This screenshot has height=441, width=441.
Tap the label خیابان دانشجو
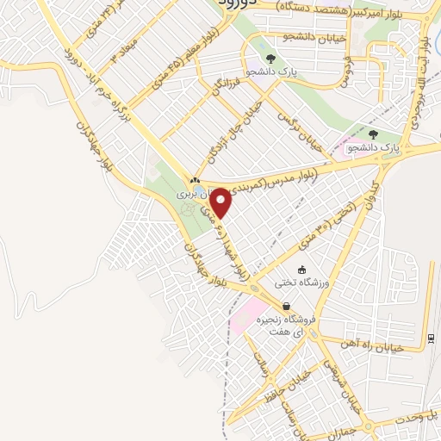tap(316, 37)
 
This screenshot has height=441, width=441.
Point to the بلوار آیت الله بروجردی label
tap(424, 69)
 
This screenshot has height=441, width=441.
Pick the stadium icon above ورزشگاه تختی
tap(301, 269)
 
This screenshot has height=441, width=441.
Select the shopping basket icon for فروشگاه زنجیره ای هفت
tap(286, 306)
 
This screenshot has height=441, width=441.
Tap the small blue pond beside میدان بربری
tap(201, 188)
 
